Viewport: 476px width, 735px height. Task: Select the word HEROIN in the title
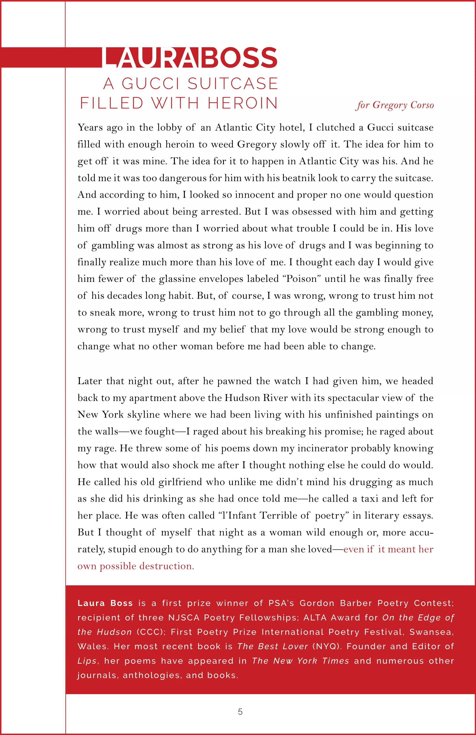pos(243,103)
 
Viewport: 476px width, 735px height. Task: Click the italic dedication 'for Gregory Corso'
pos(394,105)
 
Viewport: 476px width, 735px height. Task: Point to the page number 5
pos(240,712)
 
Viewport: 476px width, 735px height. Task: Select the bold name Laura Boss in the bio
pos(105,603)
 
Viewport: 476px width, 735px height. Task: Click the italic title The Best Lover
pos(273,646)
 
